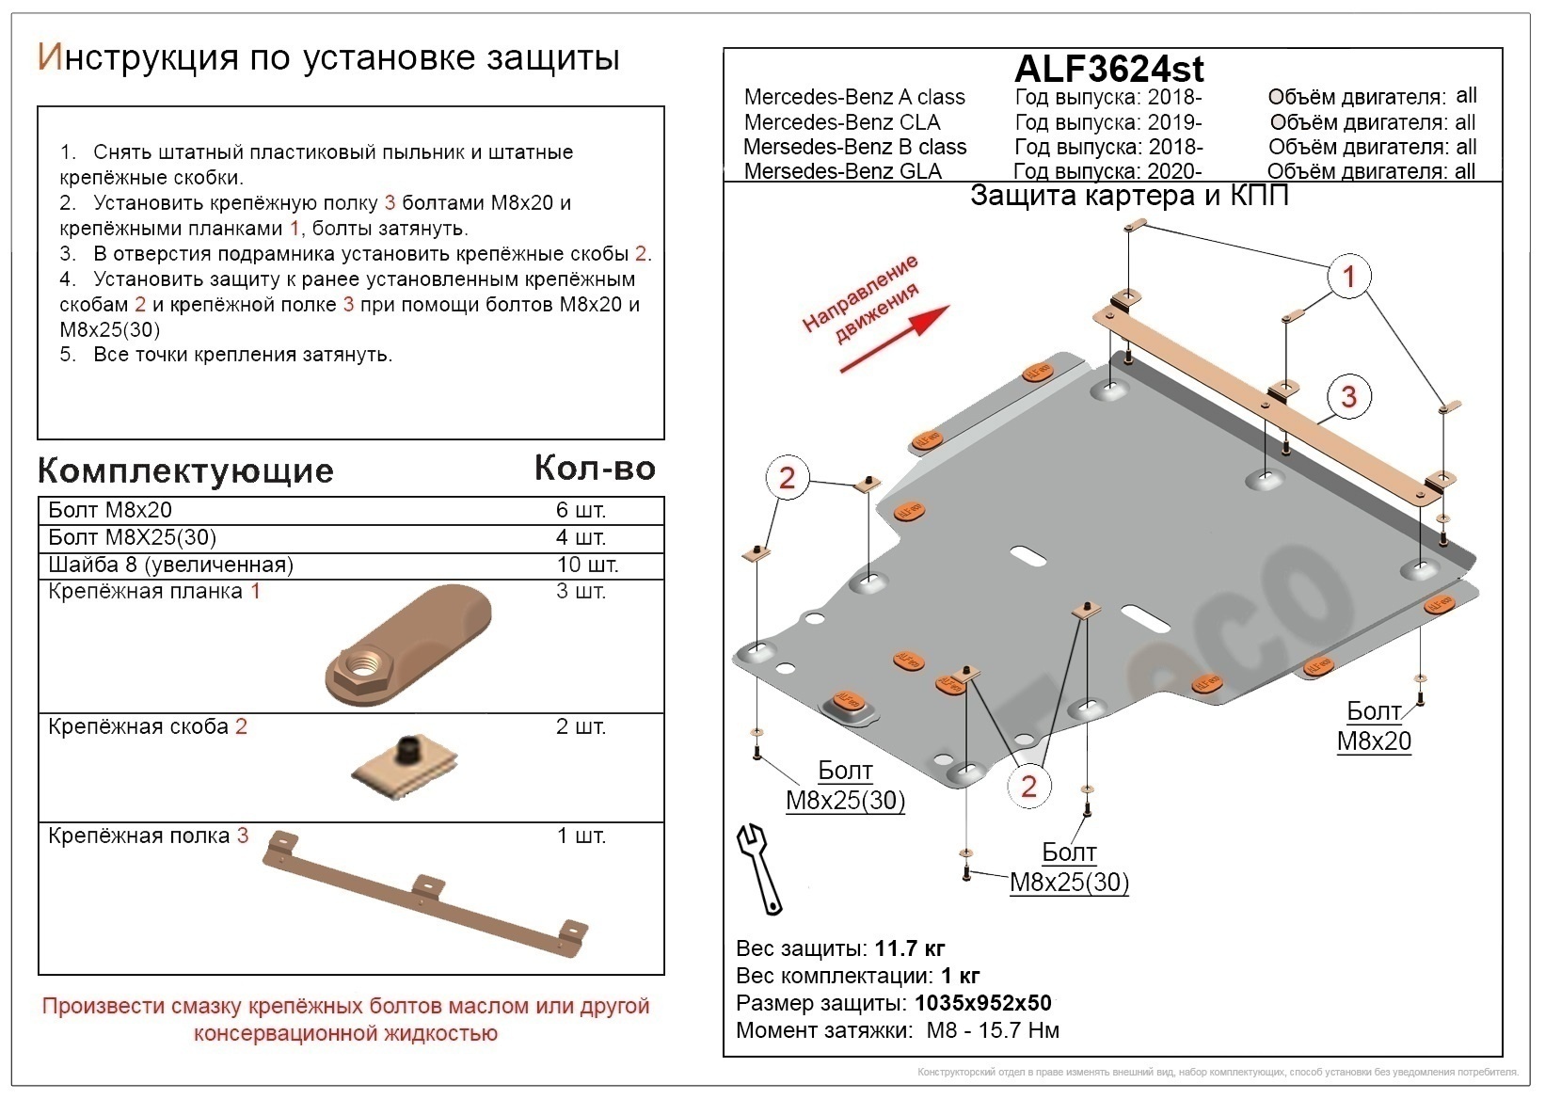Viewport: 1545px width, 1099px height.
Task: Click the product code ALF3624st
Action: tap(1108, 69)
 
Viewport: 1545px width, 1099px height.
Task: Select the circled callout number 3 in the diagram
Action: tap(1348, 396)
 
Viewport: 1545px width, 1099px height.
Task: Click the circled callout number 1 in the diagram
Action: tap(1348, 277)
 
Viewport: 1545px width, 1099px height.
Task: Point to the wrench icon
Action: tap(759, 868)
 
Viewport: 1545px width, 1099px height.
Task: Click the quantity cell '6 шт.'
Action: tap(581, 511)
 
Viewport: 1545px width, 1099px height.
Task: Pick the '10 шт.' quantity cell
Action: tap(587, 565)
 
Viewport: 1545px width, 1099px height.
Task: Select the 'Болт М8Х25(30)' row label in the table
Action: tap(133, 538)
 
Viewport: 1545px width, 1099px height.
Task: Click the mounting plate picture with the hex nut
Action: tap(408, 646)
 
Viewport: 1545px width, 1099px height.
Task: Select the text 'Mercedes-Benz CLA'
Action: tap(842, 122)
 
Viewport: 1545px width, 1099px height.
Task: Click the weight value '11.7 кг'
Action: tap(910, 948)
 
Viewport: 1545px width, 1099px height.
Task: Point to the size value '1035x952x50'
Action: tap(983, 1003)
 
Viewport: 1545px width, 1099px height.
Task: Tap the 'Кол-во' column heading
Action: tap(595, 468)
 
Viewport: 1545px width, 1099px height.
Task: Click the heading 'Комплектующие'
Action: tap(185, 470)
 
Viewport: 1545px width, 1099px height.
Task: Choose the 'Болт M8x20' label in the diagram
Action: tap(1374, 725)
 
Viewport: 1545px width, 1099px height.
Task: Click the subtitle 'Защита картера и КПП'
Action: tap(1129, 196)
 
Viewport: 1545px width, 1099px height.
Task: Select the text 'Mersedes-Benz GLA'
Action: tap(842, 171)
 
